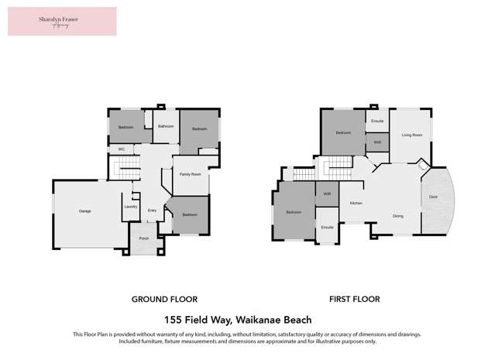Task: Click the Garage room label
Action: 84,211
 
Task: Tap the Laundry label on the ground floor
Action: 130,207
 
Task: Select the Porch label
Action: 143,238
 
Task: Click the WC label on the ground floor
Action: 122,149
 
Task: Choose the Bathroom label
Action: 165,126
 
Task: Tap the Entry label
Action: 152,211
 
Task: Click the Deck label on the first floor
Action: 434,198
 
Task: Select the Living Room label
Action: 411,135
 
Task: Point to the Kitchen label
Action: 356,203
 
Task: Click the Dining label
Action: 397,216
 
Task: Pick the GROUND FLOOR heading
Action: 164,299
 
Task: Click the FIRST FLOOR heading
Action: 353,299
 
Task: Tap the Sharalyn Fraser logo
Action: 62,22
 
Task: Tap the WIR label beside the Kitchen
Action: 327,194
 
